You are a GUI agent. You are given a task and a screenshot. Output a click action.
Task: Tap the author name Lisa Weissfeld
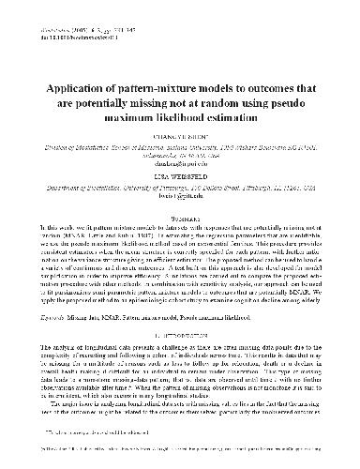click(180, 174)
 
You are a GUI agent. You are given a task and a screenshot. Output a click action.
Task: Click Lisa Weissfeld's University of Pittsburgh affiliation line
click(180, 189)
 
